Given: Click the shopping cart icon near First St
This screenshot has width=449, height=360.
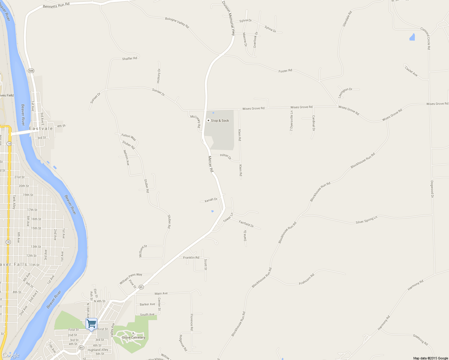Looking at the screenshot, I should click(x=91, y=324).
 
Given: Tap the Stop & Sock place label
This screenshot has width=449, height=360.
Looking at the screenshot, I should click(x=220, y=121).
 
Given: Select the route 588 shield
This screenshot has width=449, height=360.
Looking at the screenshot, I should click(x=31, y=71).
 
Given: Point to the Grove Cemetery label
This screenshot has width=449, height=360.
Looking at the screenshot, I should click(x=134, y=337).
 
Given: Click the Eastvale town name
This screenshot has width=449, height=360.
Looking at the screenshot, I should click(x=41, y=128).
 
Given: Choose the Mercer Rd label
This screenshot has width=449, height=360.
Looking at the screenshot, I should click(x=211, y=164).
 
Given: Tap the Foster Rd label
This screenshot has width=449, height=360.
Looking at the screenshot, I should click(x=285, y=71).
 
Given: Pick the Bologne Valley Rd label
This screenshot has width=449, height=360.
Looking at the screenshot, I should click(x=177, y=23).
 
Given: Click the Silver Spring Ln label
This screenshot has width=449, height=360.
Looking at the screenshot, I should click(x=366, y=220).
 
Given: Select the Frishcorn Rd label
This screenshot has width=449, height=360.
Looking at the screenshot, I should click(x=306, y=279).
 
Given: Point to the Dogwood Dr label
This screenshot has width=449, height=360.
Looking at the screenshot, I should click(x=432, y=189).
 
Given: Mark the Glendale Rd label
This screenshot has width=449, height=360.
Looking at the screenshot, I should click(x=347, y=19).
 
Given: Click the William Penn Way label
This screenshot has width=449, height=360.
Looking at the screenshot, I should click(x=131, y=279).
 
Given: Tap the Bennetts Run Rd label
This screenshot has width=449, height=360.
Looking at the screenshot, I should click(x=56, y=5).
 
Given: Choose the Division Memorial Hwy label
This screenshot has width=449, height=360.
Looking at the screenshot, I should click(x=228, y=18).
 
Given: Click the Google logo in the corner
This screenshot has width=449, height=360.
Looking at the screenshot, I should click(x=11, y=355).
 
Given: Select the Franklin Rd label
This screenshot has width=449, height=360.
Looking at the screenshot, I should click(x=191, y=257).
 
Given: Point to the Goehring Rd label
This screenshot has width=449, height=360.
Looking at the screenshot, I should click(x=420, y=340).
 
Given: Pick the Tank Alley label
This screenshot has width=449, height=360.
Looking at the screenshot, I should click(x=14, y=202).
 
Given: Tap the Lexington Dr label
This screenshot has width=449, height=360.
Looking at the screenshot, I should click(x=345, y=93).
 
